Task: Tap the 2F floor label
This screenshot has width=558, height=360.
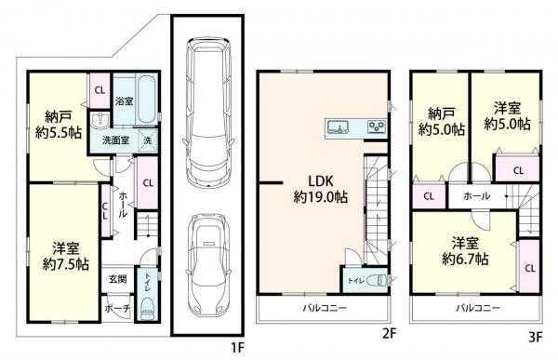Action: (389, 334)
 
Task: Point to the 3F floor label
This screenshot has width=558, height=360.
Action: (536, 337)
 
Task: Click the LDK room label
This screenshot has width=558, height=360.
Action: (320, 181)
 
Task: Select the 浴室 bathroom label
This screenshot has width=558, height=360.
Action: (125, 101)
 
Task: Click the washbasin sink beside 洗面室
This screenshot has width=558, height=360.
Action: (100, 119)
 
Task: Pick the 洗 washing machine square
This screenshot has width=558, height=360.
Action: (147, 140)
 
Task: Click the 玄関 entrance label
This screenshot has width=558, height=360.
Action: (117, 279)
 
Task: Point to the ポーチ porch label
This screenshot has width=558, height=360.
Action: (117, 309)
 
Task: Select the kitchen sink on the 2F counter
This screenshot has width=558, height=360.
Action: (338, 127)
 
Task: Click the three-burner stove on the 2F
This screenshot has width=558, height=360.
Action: (377, 127)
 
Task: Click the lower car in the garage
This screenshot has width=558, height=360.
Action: (207, 265)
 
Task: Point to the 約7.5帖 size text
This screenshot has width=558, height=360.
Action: (66, 264)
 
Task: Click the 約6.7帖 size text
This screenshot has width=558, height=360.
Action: (465, 259)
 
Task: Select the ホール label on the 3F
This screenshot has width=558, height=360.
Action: (476, 196)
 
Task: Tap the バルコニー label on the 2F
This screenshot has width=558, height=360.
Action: (325, 308)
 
